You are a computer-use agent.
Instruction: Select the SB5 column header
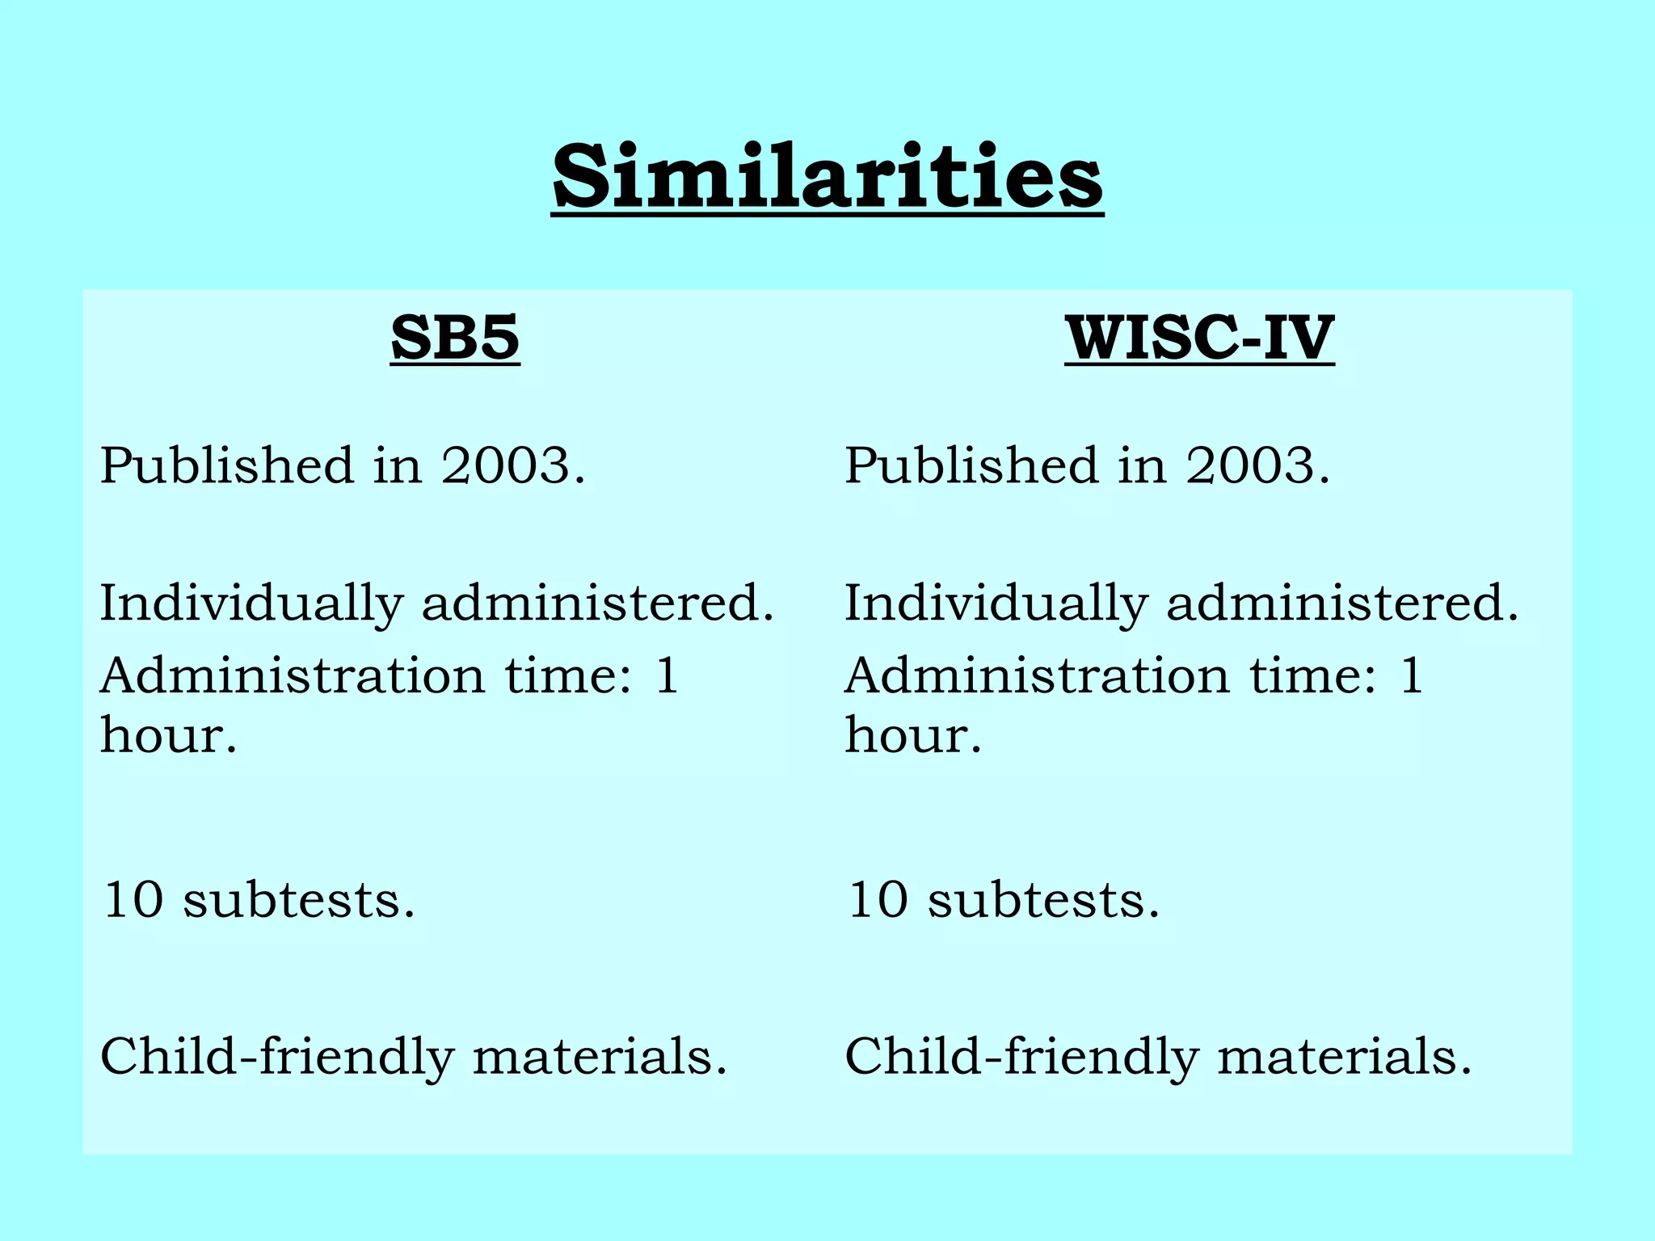click(454, 338)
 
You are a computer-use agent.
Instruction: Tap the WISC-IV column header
click(1199, 338)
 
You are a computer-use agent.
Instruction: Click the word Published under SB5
click(227, 466)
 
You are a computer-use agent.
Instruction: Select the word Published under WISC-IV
click(972, 466)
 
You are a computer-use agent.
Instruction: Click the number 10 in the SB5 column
click(133, 899)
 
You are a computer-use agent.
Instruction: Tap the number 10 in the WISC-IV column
click(878, 899)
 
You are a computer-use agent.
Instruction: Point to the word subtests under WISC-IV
click(1043, 899)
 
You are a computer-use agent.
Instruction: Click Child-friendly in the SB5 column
click(277, 1057)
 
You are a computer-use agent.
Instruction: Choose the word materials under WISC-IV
click(1344, 1057)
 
